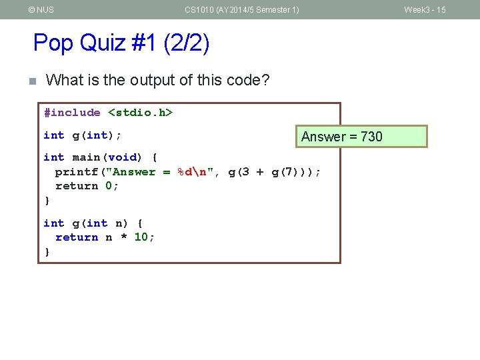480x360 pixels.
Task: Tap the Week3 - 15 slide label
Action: pyautogui.click(x=425, y=10)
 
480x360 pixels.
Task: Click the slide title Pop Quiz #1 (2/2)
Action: pyautogui.click(x=121, y=43)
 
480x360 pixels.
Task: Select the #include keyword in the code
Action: pyautogui.click(x=72, y=113)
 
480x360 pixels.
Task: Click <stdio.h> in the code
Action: pyautogui.click(x=140, y=113)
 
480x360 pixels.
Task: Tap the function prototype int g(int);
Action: pyautogui.click(x=82, y=135)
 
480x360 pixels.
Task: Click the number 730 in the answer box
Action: pyautogui.click(x=371, y=137)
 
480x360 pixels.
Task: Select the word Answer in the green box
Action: pyautogui.click(x=323, y=137)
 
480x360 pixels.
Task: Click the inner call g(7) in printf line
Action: pyautogui.click(x=285, y=172)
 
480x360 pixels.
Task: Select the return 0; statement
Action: pyautogui.click(x=87, y=186)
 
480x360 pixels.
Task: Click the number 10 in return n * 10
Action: pyautogui.click(x=141, y=237)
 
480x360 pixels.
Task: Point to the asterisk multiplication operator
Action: pyautogui.click(x=123, y=238)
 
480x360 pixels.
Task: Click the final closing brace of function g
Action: pyautogui.click(x=47, y=252)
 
